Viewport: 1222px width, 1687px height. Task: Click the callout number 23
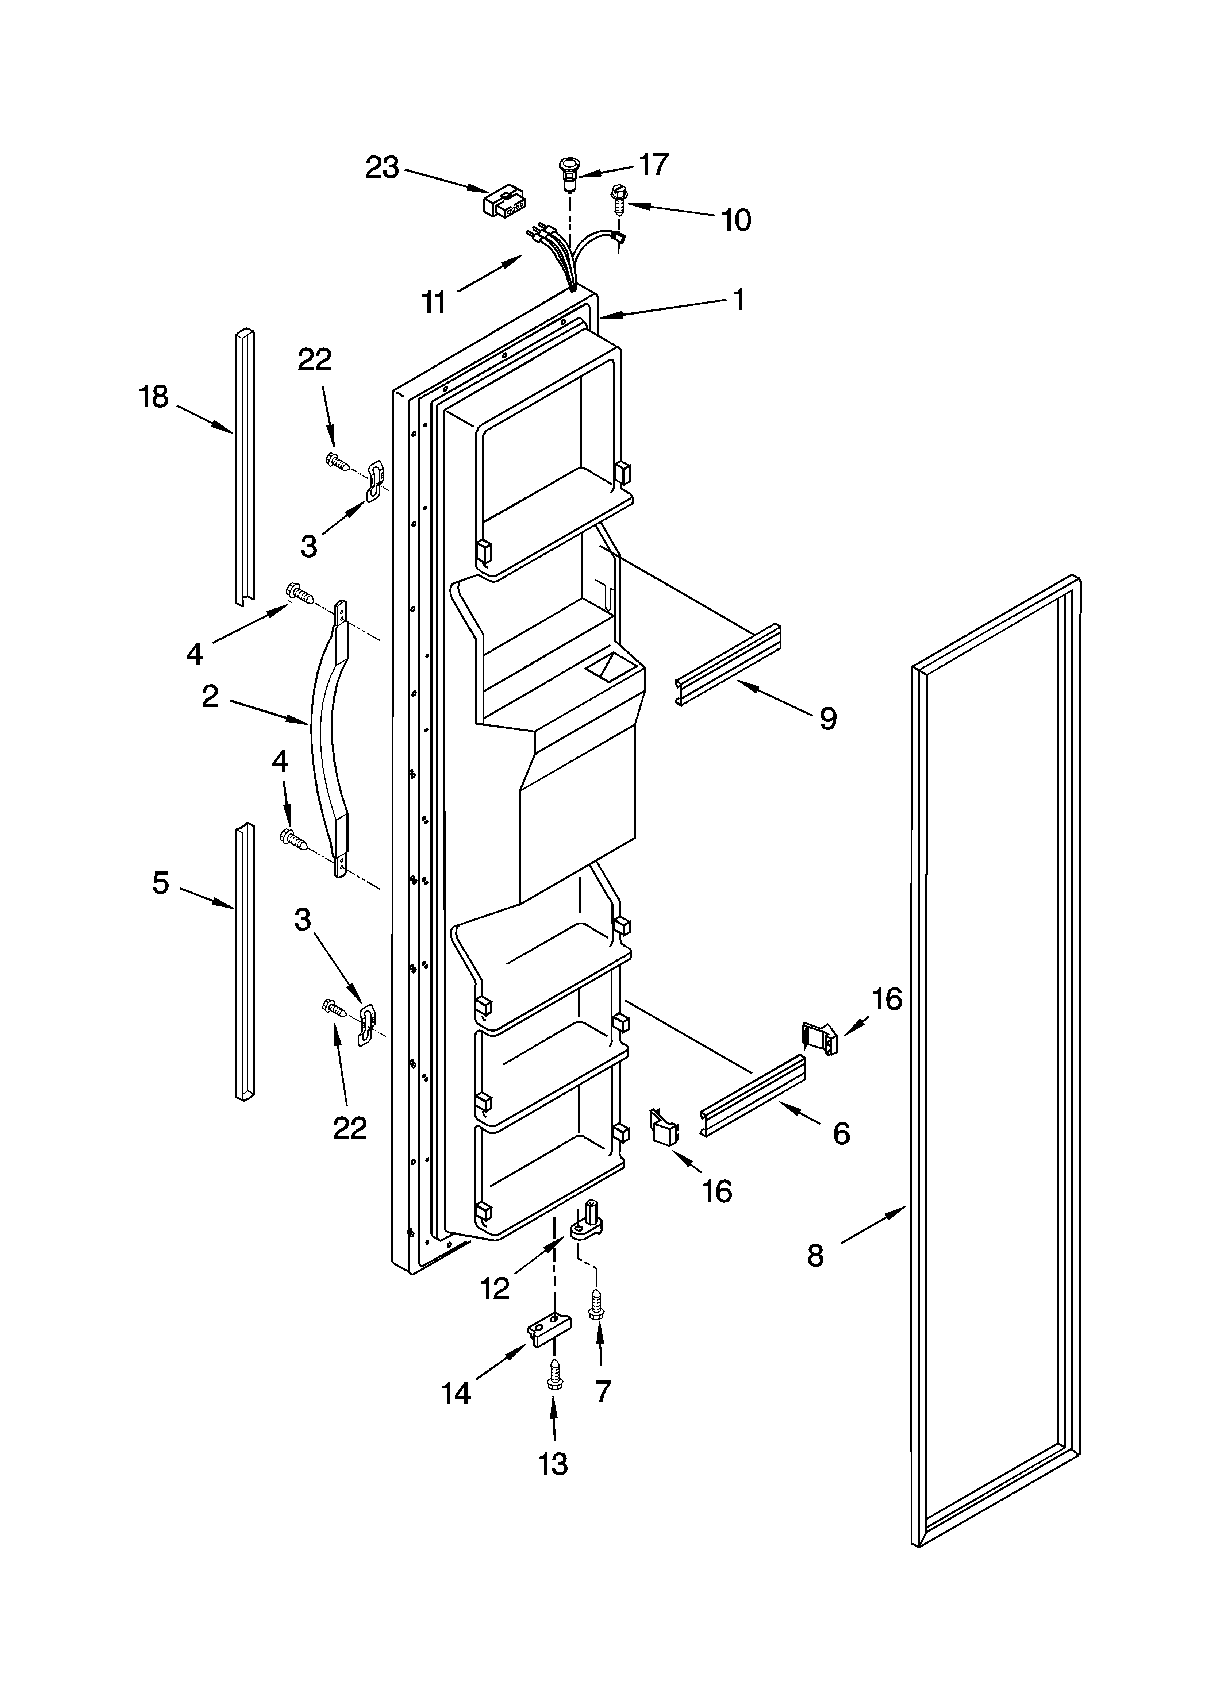tap(382, 168)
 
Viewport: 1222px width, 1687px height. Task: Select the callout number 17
tap(653, 164)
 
